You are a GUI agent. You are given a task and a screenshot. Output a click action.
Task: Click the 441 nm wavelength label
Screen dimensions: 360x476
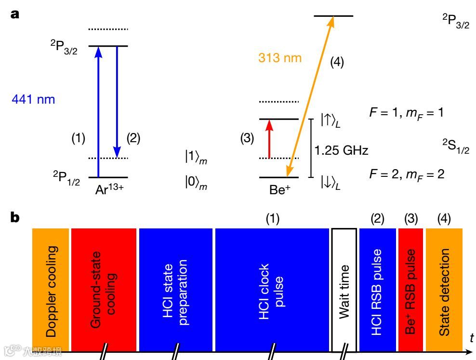(33, 100)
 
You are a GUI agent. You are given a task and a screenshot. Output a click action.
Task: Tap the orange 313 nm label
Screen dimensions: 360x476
(280, 58)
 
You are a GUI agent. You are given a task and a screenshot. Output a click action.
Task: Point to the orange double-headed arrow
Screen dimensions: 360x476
(310, 96)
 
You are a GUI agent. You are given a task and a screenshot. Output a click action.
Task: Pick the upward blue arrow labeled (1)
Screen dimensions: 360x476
(98, 111)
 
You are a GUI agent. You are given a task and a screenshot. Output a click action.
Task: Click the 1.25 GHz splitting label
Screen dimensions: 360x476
(341, 151)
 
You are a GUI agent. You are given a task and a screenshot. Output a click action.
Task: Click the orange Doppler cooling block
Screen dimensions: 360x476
(51, 289)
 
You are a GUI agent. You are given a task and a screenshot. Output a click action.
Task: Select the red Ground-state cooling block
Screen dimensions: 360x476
(104, 289)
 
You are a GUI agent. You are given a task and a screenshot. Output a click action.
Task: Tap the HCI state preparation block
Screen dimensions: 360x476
(176, 289)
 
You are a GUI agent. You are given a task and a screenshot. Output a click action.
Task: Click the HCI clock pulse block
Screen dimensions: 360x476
(272, 289)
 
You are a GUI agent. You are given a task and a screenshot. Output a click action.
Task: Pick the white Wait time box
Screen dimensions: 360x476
(344, 289)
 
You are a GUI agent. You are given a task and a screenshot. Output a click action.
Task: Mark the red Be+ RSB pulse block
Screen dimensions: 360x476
(410, 289)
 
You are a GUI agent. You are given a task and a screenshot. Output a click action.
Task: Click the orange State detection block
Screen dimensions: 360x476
(444, 289)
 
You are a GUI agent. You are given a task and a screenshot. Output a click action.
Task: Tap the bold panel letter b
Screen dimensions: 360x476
(16, 218)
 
